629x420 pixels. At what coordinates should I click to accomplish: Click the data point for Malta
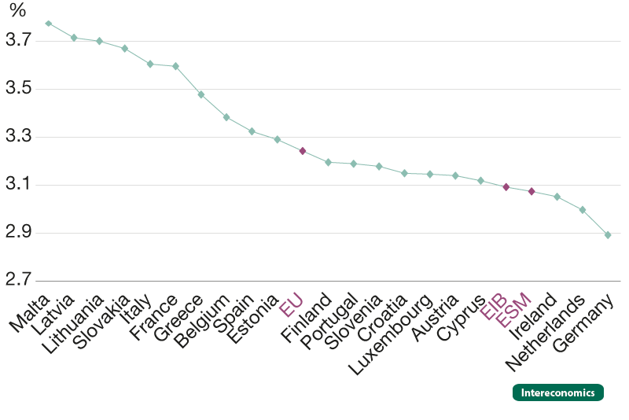(49, 24)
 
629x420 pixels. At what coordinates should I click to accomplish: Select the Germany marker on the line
(608, 234)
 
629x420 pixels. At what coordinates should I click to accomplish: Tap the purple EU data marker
(303, 150)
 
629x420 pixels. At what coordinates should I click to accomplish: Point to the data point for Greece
(201, 94)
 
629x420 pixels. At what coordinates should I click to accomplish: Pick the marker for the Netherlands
(583, 209)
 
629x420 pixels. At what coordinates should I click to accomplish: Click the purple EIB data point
(506, 187)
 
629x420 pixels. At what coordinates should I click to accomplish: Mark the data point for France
(175, 66)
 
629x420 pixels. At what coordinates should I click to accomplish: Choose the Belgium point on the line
(226, 117)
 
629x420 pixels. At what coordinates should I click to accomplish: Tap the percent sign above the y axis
(17, 11)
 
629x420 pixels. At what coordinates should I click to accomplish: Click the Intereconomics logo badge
(557, 392)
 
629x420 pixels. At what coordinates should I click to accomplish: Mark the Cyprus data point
(481, 181)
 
